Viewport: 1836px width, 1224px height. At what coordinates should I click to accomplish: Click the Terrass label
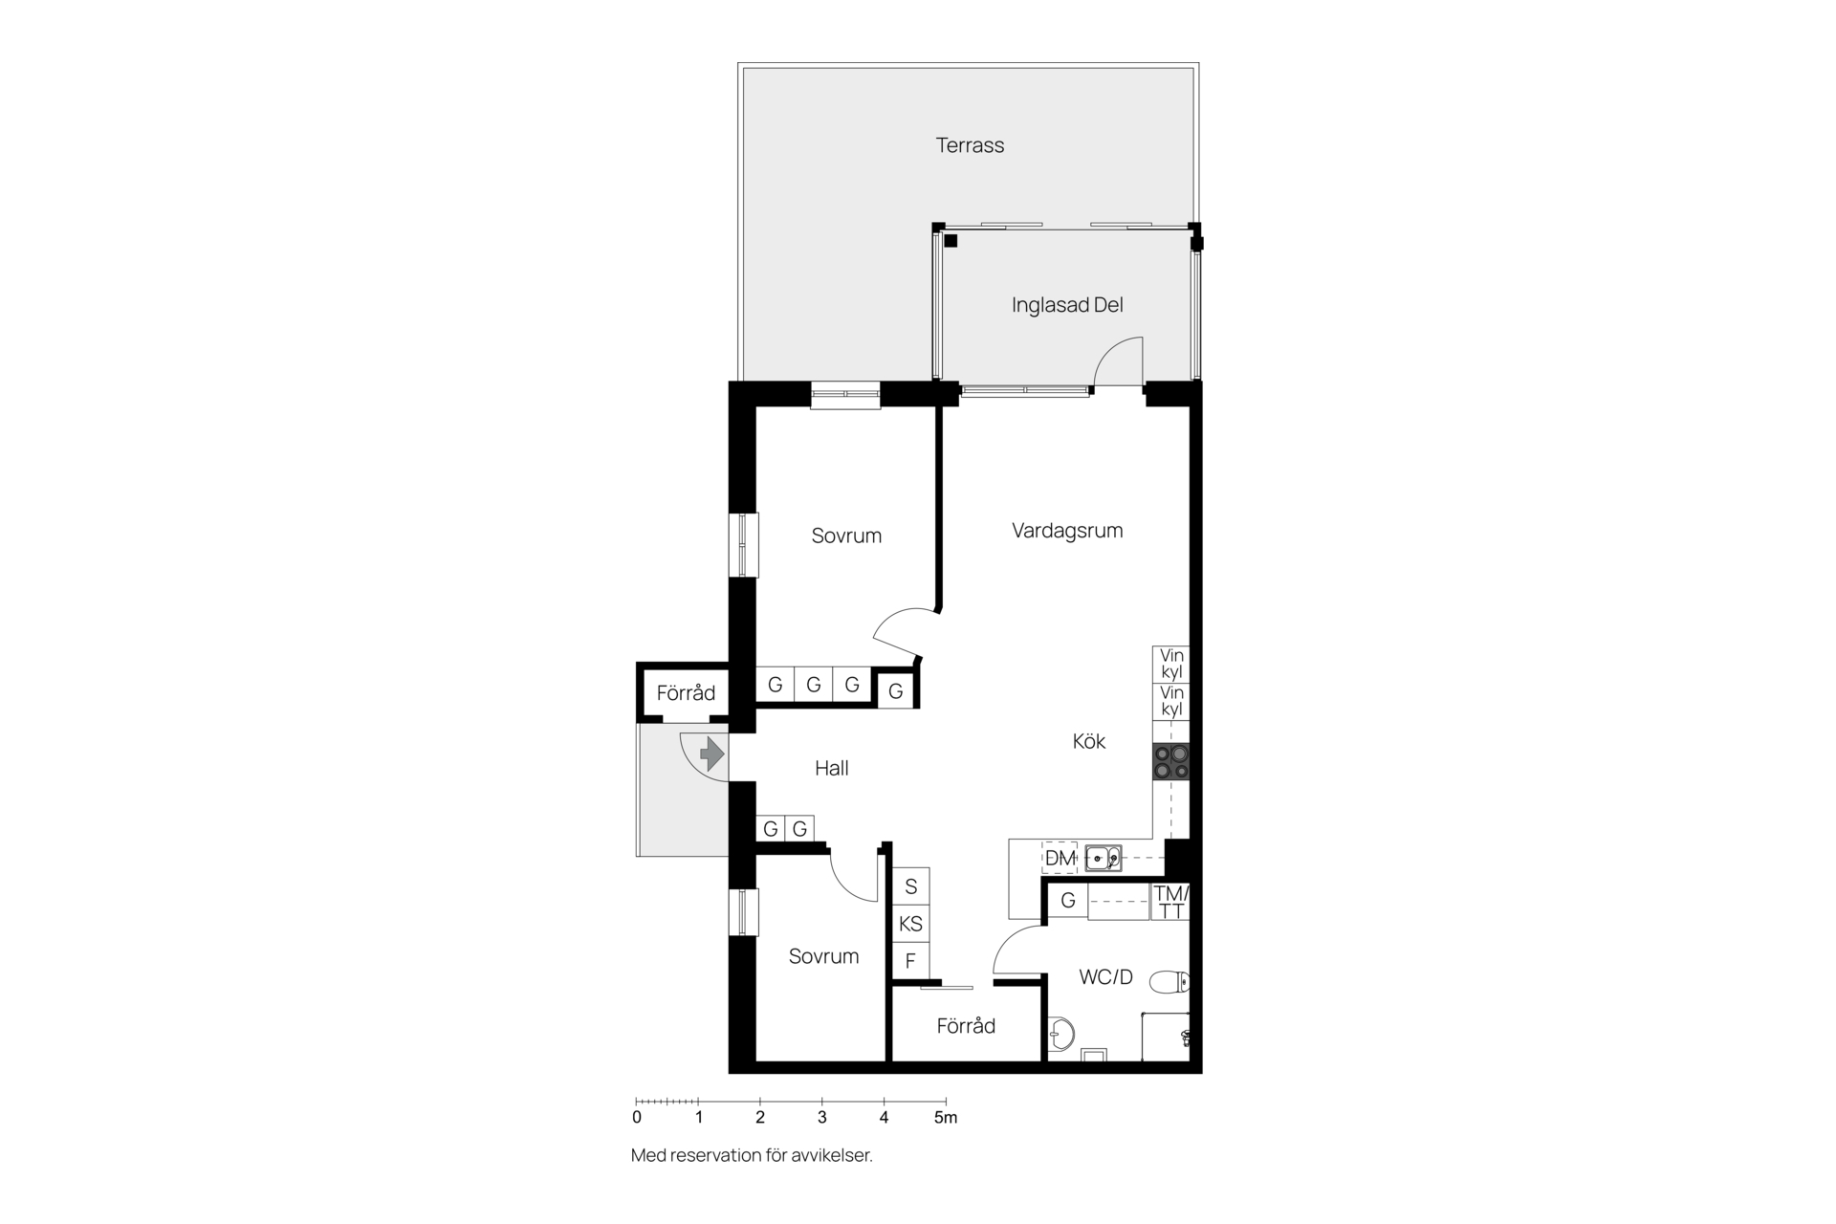coord(970,145)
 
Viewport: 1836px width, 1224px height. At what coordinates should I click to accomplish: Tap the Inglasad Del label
coord(1067,305)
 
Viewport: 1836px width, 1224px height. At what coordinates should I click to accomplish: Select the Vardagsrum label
coord(1067,531)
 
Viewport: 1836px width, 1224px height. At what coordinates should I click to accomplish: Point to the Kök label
coord(1089,741)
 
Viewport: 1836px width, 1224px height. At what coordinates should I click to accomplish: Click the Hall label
coord(832,768)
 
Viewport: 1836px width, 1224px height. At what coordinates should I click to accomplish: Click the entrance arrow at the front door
coord(711,754)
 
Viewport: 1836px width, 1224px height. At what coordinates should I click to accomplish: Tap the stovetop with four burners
coord(1171,762)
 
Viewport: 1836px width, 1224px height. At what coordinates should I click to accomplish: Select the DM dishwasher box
coord(1060,859)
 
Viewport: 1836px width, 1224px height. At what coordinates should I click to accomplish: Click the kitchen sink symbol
coord(1104,859)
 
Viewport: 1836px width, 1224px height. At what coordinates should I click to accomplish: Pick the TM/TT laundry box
coord(1170,902)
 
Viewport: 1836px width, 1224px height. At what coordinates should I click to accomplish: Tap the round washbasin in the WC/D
coord(1061,1033)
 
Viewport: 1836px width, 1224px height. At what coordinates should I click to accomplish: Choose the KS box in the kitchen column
coord(910,924)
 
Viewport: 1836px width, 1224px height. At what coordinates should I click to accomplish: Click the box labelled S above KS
coord(910,886)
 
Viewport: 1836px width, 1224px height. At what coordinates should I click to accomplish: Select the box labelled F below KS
coord(910,961)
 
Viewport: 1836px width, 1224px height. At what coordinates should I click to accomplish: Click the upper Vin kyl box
coord(1171,664)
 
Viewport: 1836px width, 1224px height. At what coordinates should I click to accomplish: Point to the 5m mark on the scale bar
coord(945,1117)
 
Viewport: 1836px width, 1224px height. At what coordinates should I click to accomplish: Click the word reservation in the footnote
coord(715,1155)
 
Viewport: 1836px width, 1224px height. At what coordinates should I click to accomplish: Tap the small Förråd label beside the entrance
coord(686,693)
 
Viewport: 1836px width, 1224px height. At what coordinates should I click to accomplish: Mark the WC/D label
coord(1105,977)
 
